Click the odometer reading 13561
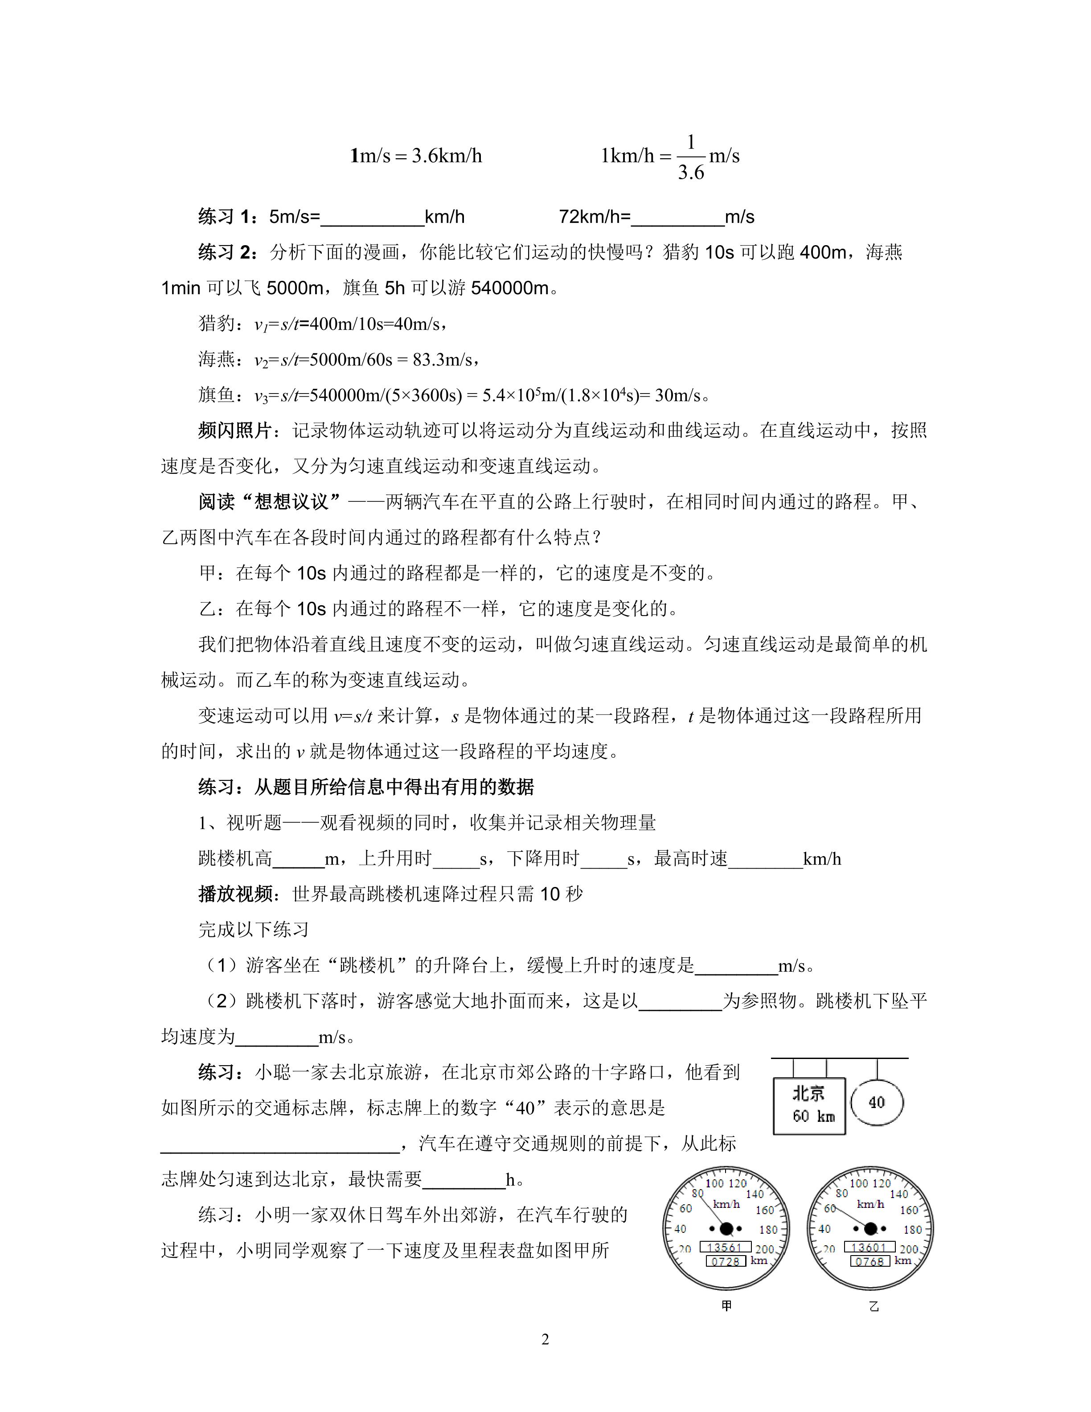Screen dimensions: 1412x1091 pyautogui.click(x=725, y=1247)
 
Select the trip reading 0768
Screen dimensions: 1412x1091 pyautogui.click(x=870, y=1261)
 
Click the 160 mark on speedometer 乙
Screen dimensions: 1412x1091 pyautogui.click(x=909, y=1210)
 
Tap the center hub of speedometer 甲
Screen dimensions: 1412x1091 pyautogui.click(x=726, y=1228)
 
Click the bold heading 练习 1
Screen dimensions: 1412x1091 pyautogui.click(x=227, y=217)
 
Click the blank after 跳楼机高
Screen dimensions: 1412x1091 pyautogui.click(x=298, y=860)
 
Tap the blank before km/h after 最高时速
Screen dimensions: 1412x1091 pyautogui.click(x=765, y=860)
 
